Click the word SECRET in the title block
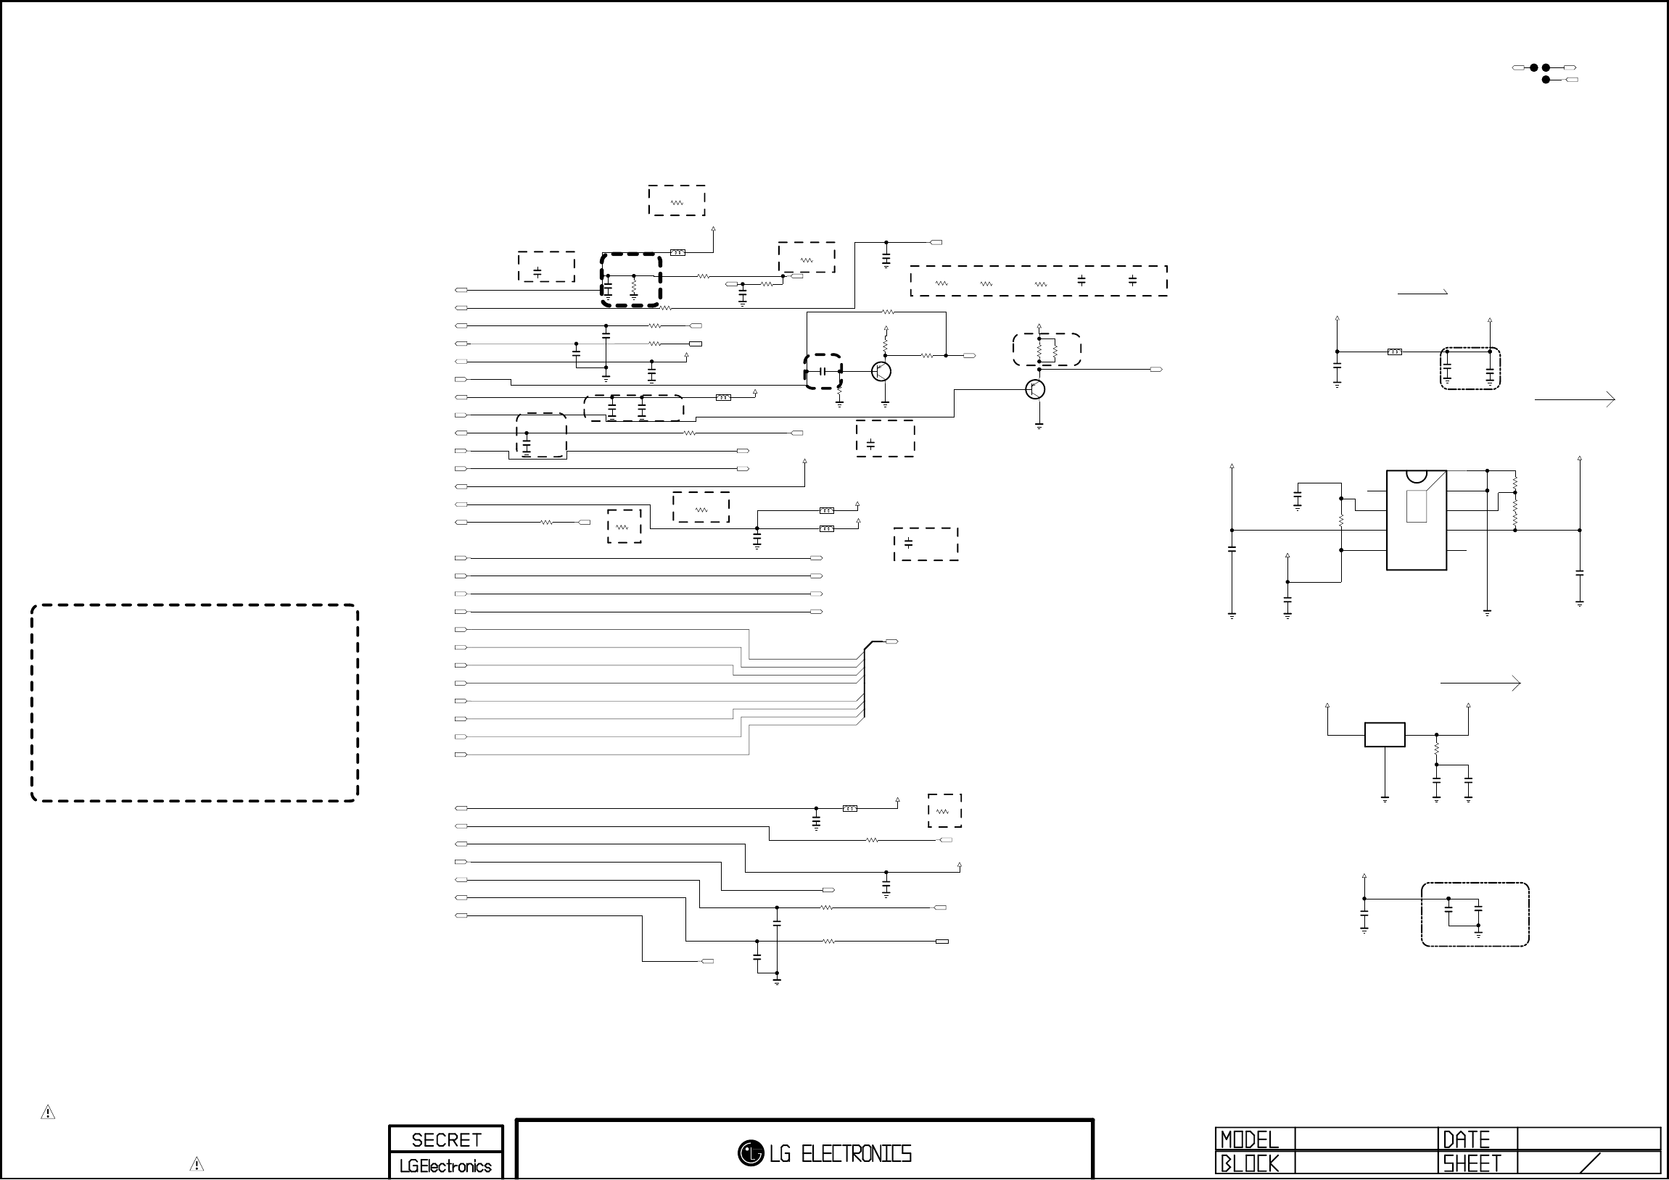point(445,1139)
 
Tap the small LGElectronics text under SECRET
point(445,1166)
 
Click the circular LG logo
point(750,1152)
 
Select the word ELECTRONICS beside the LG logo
point(856,1153)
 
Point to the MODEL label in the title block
point(1249,1139)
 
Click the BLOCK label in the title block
point(1249,1164)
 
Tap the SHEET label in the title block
point(1472,1164)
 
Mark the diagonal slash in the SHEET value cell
point(1590,1163)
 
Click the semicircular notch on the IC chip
point(1416,476)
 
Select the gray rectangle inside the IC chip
point(1416,507)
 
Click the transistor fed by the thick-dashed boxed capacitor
point(881,371)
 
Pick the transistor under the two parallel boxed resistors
point(1035,389)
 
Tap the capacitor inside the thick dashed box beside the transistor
point(823,371)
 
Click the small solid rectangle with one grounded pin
point(1385,734)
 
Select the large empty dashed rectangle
point(195,702)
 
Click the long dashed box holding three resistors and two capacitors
point(1039,281)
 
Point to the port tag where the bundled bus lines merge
point(891,641)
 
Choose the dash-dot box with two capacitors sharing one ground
point(1475,915)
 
